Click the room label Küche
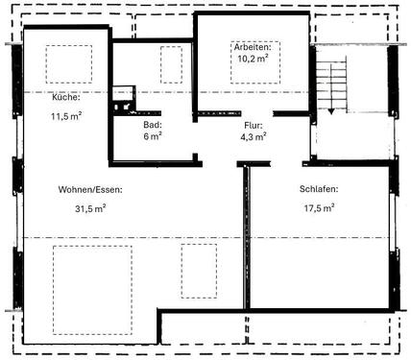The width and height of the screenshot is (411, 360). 40,97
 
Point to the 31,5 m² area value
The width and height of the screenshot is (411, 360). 89,208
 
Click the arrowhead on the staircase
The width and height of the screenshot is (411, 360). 332,111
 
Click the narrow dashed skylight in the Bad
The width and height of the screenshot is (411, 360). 171,65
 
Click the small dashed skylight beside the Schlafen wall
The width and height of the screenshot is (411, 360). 200,271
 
